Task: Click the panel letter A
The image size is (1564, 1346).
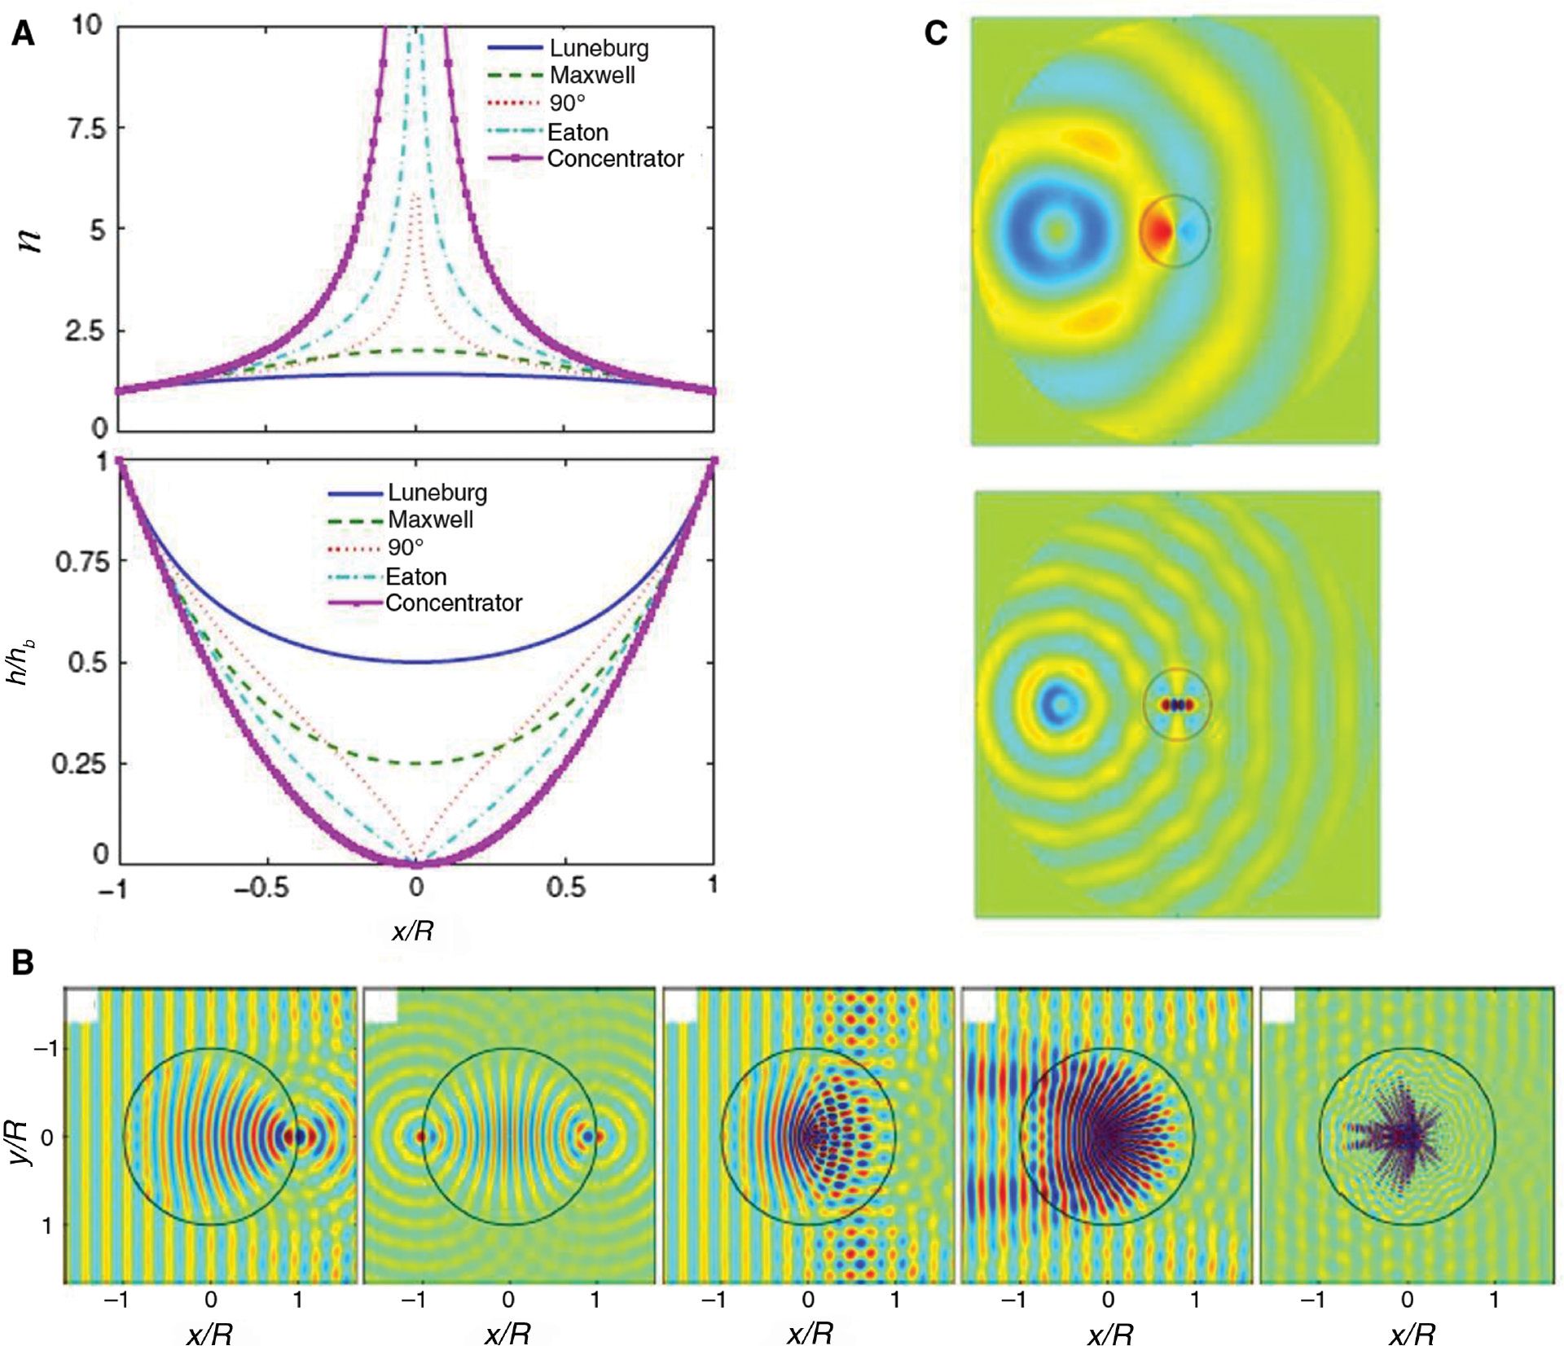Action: point(24,34)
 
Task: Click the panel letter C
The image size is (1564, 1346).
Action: point(936,33)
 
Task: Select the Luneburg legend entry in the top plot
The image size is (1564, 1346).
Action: point(598,48)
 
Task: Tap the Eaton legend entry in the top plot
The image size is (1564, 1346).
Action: point(577,132)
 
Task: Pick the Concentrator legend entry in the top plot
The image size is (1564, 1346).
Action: point(614,159)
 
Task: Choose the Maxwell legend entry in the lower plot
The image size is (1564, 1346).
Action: point(429,520)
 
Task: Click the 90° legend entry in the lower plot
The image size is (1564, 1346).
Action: point(405,547)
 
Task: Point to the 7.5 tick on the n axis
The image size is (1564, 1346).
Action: point(87,129)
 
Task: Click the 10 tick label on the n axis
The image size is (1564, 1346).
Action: point(87,25)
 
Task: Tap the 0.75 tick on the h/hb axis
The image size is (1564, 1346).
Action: point(81,562)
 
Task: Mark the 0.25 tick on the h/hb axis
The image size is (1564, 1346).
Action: point(79,764)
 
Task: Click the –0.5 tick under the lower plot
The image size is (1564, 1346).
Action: point(261,888)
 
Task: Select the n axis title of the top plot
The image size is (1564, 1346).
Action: point(30,239)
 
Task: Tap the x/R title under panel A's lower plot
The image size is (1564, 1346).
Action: point(413,931)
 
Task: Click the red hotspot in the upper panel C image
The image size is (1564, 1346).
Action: point(1157,232)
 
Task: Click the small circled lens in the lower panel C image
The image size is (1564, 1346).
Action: point(1177,705)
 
